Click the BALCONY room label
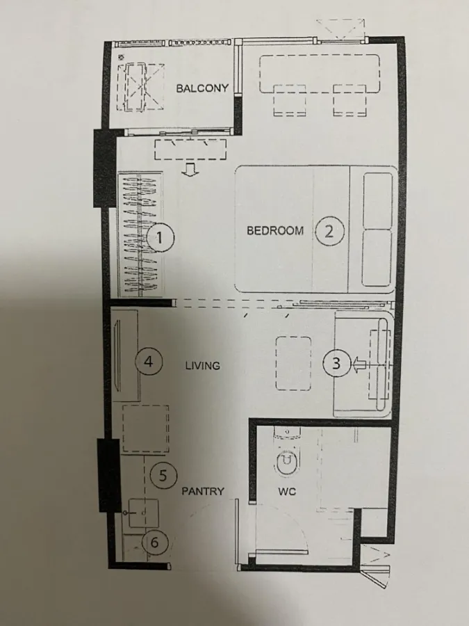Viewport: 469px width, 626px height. (202, 88)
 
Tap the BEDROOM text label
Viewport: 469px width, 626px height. (275, 230)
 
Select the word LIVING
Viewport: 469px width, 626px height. (203, 365)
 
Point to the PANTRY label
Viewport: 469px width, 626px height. (203, 491)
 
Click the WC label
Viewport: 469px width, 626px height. (287, 492)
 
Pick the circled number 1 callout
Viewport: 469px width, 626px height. (161, 238)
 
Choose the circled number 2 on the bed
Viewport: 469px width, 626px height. (329, 231)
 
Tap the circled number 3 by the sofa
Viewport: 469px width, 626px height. (336, 363)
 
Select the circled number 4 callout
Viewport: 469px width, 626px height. (149, 361)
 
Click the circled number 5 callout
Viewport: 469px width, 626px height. (163, 475)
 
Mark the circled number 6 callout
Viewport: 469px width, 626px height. (155, 542)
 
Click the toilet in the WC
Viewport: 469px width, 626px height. (287, 452)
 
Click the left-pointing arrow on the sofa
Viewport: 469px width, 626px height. (359, 365)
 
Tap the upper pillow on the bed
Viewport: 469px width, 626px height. (377, 201)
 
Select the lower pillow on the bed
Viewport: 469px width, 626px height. (377, 258)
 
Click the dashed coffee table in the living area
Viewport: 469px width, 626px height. (293, 363)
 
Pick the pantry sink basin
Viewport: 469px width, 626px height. (144, 513)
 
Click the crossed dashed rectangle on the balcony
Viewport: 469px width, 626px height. (140, 87)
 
